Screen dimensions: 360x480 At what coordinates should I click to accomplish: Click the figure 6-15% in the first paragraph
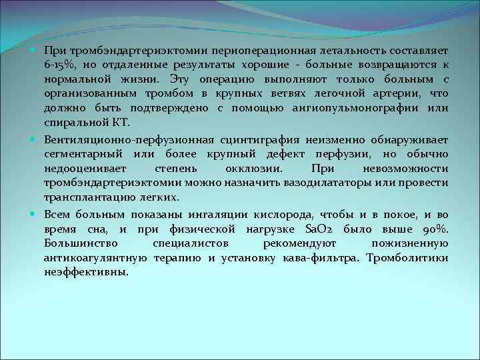tap(58, 65)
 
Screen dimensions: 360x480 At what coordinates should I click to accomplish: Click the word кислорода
tap(284, 215)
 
